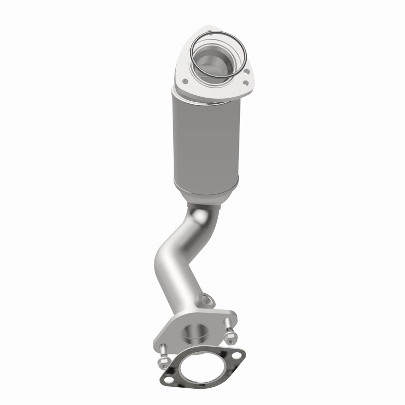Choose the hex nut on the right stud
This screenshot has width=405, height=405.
(229, 335)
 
